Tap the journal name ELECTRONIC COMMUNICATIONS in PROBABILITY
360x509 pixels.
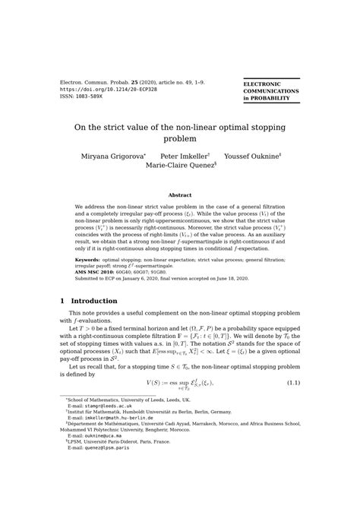pos(270,91)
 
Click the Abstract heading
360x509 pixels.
pos(180,195)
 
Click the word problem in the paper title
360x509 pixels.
pos(180,140)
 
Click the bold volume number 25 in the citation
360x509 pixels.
pos(134,81)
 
